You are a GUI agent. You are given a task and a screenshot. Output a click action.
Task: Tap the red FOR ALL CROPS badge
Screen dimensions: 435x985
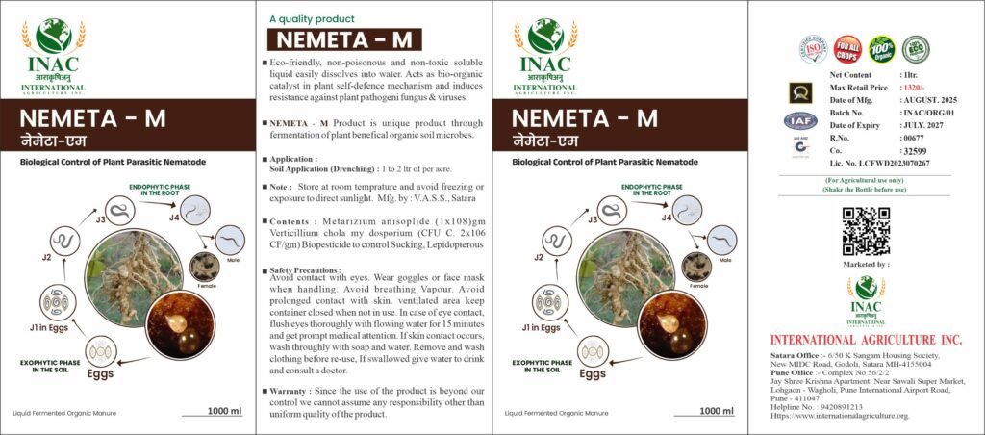[847, 48]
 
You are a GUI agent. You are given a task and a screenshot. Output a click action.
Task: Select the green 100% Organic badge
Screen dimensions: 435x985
[881, 48]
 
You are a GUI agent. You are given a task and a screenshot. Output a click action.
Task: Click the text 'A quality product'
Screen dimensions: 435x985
[312, 18]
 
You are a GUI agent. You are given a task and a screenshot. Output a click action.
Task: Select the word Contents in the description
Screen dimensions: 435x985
[290, 221]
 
